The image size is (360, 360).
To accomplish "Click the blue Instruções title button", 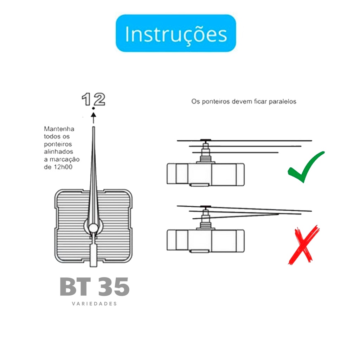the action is [x=176, y=33].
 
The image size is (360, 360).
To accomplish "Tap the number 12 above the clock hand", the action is [x=94, y=99].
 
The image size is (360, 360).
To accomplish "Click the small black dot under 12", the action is [x=93, y=108].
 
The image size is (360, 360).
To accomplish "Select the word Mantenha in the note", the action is [x=59, y=129].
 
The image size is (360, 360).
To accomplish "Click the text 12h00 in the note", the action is [x=63, y=167].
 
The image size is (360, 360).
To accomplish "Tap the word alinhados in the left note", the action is [x=59, y=152].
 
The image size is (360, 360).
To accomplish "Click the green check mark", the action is [x=306, y=167].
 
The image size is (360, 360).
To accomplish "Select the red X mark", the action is [x=303, y=245].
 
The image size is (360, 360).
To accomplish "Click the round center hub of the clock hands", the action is [x=93, y=228].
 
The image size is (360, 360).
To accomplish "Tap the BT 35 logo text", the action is [x=95, y=287].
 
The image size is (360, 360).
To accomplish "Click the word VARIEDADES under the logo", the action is [x=94, y=304].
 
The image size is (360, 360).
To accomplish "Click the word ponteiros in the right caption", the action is [x=216, y=102].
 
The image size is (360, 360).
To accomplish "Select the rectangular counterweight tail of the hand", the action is [x=93, y=255].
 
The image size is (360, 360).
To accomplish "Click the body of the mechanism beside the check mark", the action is [x=205, y=174].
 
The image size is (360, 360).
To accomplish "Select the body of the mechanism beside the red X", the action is [x=205, y=240].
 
